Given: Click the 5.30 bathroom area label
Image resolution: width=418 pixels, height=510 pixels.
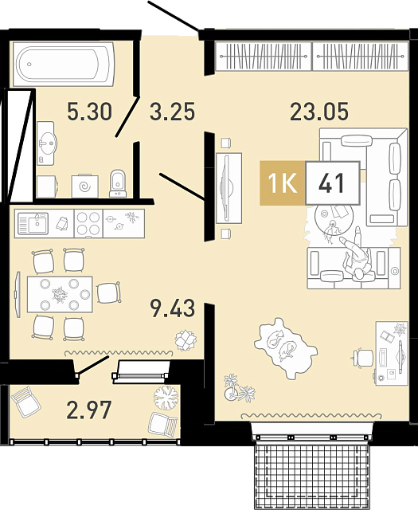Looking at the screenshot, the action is click(89, 111).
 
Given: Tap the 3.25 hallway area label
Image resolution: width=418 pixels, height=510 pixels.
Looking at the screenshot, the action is click(172, 111).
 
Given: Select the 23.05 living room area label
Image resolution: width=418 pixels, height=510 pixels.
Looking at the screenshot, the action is click(319, 111).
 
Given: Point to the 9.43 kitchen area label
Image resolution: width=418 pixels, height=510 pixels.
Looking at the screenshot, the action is click(173, 308).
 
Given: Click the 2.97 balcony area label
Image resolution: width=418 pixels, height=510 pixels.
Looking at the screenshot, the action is click(89, 410).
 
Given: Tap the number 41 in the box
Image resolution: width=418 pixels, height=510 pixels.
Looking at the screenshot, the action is click(331, 183).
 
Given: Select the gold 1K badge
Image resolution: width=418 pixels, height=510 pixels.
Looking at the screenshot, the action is click(283, 183).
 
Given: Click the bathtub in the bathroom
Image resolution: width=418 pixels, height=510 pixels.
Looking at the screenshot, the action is click(64, 64).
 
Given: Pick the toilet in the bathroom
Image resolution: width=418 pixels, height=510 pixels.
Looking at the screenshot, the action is click(118, 183).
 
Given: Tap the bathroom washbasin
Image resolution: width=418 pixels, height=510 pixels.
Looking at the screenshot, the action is click(46, 143).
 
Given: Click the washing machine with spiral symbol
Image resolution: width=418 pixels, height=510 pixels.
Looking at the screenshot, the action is click(85, 186).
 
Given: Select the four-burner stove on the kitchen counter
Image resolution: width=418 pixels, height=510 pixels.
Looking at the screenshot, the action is click(88, 223).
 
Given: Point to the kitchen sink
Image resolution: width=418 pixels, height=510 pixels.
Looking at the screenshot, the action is click(33, 223).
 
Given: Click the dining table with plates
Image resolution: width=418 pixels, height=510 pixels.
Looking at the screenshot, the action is click(60, 294).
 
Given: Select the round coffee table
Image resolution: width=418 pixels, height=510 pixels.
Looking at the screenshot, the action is click(334, 219).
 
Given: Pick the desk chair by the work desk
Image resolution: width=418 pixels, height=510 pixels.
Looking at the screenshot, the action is click(363, 358).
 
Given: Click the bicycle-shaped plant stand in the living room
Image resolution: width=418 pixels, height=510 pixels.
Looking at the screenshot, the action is click(239, 388).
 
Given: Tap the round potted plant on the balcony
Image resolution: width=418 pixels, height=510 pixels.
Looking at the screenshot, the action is click(166, 398).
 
